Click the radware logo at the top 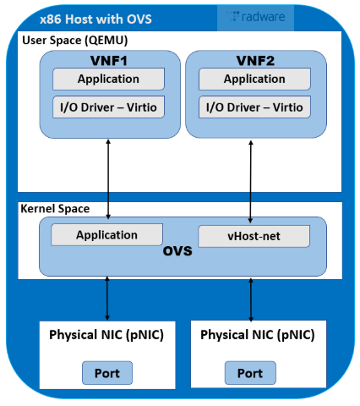coord(257,17)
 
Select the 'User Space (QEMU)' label coord(69,41)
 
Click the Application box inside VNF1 coord(108,80)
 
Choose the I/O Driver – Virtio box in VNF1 coord(108,107)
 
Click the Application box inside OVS coord(107,234)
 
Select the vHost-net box coord(254,236)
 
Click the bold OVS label coord(178,253)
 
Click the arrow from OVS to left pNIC coord(106,298)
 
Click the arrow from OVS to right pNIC coord(251,298)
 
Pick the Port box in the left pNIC coord(106,372)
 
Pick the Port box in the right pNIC coord(250,373)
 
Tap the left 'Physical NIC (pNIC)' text coord(106,334)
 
